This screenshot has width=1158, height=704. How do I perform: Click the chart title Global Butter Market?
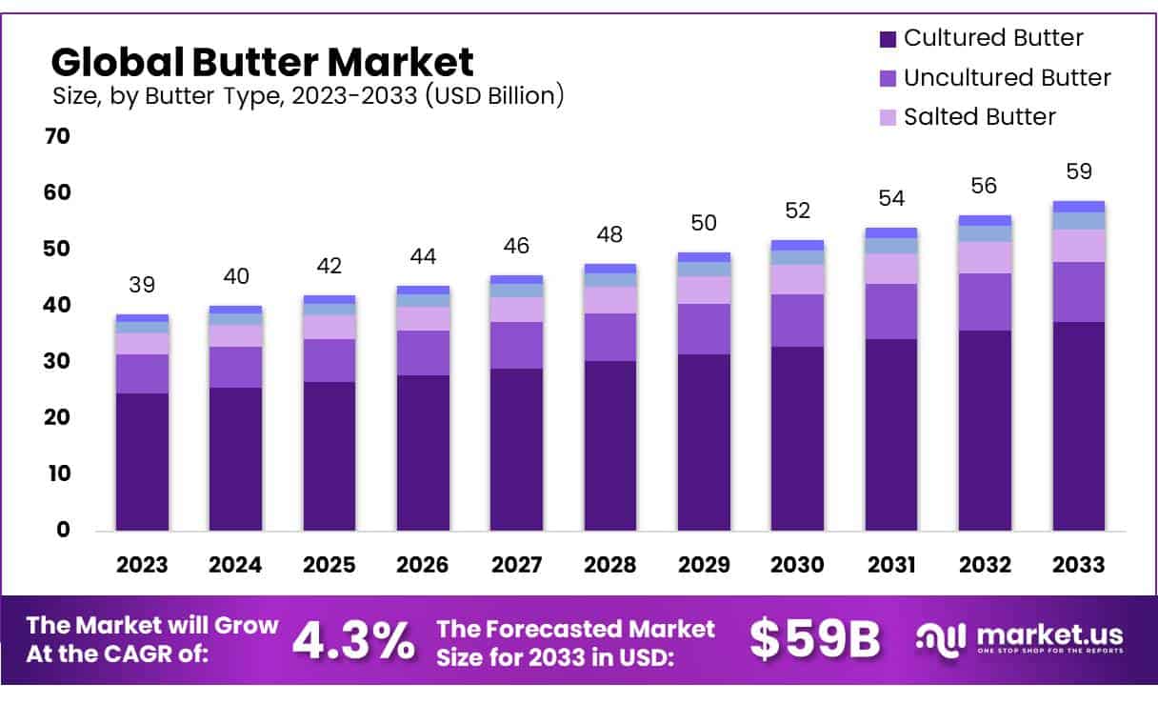coord(262,62)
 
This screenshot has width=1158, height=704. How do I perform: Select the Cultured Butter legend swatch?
coord(888,39)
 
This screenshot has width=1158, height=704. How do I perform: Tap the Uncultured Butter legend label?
coord(1007,78)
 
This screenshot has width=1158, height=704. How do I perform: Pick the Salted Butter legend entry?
coord(979,117)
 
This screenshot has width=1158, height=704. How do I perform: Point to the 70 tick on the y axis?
coord(57,136)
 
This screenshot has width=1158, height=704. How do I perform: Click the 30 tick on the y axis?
coord(57,361)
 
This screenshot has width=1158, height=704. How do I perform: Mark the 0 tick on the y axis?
coord(63,530)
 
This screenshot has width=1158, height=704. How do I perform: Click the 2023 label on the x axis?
coord(142,565)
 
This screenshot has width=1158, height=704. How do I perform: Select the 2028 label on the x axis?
coord(610,565)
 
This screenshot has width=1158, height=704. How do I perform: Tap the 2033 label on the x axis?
coord(1079,565)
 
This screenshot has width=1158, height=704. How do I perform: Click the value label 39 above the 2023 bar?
coord(142,285)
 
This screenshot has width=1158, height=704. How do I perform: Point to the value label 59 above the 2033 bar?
coord(1079,172)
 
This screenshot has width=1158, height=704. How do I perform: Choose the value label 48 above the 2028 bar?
coord(610,234)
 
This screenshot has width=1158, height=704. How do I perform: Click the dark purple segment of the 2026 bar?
coord(423,453)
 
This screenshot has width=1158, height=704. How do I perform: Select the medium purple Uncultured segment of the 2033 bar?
coord(1079,292)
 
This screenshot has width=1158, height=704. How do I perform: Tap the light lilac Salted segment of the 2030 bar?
coord(798,279)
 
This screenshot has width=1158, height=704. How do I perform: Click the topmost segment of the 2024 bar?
coord(235,310)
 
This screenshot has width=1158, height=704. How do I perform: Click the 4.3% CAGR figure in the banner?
coord(353,640)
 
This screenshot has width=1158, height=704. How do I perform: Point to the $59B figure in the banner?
coord(814,640)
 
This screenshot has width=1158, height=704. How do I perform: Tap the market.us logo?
coord(1019,638)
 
